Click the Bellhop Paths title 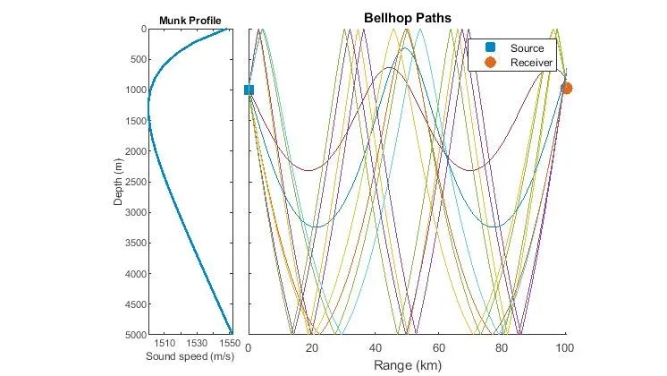coord(407,18)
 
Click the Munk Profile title coord(190,21)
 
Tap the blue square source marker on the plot coord(249,90)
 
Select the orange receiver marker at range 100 coord(566,88)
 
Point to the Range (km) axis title coord(407,365)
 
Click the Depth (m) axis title coord(118,180)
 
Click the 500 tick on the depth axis coord(133,59)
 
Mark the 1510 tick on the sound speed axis coord(165,343)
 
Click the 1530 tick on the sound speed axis coord(197,343)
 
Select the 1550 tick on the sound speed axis coord(229,343)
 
